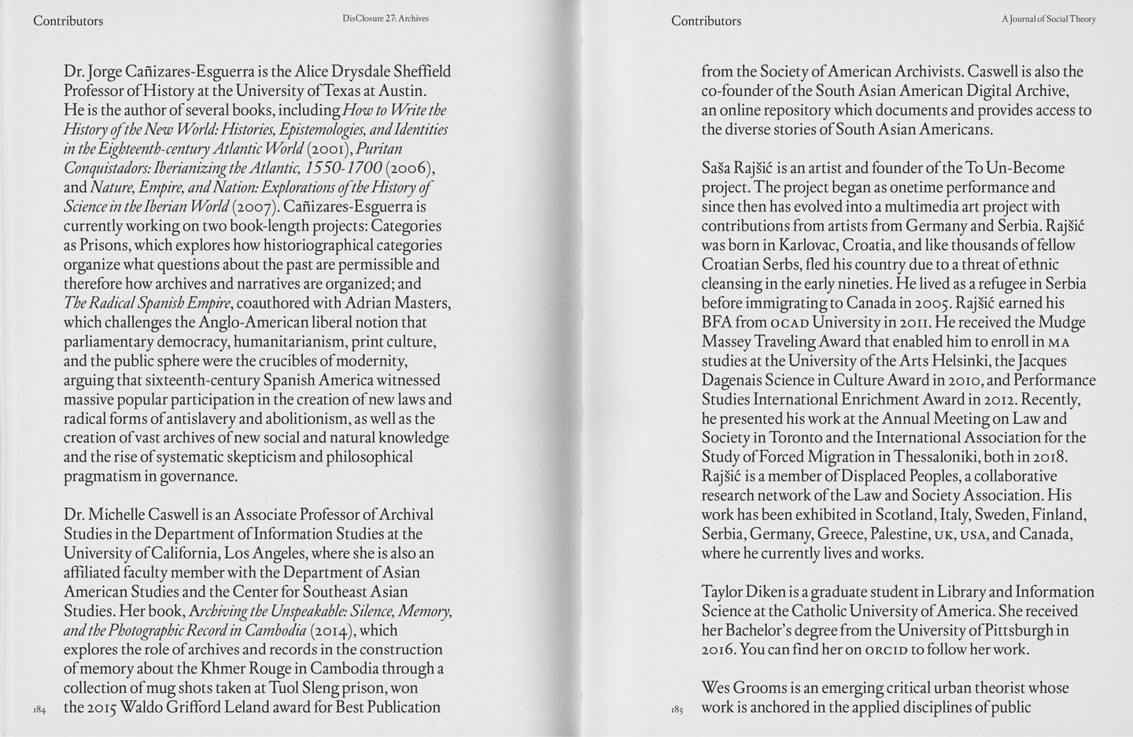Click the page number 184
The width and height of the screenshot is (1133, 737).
tap(40, 710)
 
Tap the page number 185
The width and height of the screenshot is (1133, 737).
tap(677, 710)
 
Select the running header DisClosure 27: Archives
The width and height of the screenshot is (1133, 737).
tap(386, 18)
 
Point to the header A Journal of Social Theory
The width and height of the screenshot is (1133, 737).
tap(1048, 19)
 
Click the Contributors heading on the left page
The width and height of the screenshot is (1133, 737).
tap(68, 21)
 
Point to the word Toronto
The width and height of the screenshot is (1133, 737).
tap(800, 438)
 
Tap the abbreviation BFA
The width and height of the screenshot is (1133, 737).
tap(717, 322)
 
